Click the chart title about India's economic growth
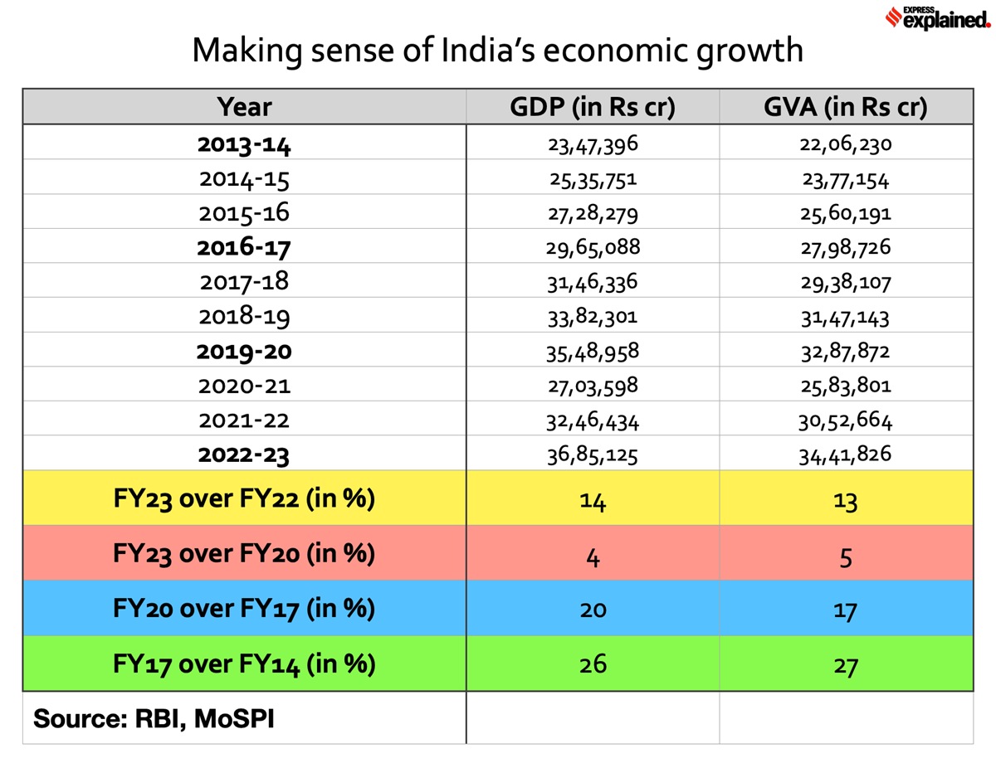[497, 51]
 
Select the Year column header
[244, 107]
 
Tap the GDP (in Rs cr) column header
[593, 107]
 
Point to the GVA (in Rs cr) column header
[846, 107]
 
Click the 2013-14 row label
[245, 145]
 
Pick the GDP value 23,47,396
[593, 145]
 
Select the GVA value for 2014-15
[846, 179]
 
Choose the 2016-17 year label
[245, 247]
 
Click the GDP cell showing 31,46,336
[593, 283]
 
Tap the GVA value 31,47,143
[846, 317]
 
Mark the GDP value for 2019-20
[593, 352]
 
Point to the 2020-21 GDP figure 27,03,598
[593, 386]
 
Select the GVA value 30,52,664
[846, 421]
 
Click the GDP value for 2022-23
[593, 455]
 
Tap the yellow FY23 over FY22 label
[244, 500]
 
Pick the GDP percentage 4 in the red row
[593, 555]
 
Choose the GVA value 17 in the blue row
[846, 610]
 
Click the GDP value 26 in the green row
[593, 664]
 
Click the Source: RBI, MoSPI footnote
[154, 717]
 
